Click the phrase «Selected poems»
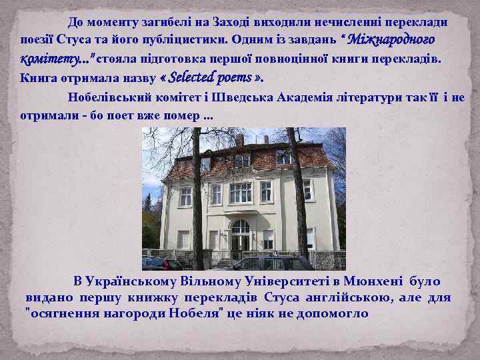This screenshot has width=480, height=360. point(213,77)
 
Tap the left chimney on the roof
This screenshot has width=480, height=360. point(239,140)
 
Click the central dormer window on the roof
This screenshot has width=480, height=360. point(243,160)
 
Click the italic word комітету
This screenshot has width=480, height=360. point(47,59)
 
